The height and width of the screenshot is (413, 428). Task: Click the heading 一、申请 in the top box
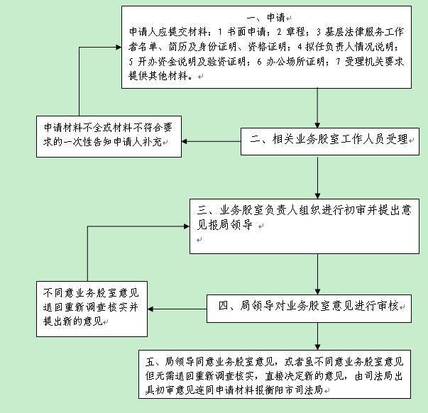tap(266, 16)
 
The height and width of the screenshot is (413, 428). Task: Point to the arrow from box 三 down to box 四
tap(319, 272)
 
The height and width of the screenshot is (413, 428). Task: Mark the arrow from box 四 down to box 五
tap(319, 334)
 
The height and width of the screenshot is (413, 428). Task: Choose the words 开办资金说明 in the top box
tap(165, 61)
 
